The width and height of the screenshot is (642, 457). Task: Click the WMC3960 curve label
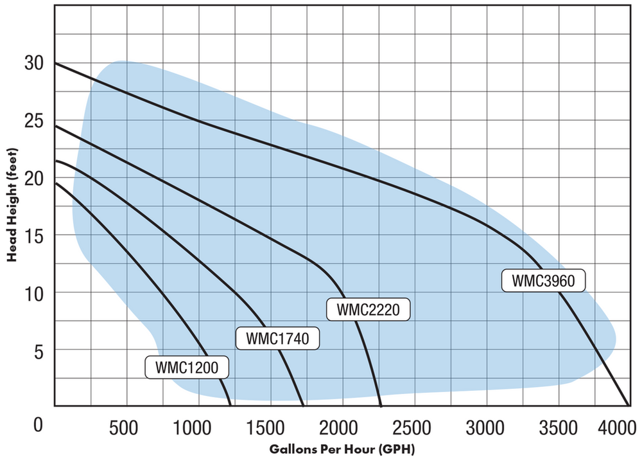tap(544, 280)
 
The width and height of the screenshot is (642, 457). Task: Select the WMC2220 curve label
tap(368, 310)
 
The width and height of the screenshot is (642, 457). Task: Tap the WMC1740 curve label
tap(278, 338)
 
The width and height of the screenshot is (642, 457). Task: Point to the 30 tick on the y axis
tap(34, 64)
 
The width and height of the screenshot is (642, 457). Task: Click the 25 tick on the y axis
tap(34, 121)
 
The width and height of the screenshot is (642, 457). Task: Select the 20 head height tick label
tap(34, 178)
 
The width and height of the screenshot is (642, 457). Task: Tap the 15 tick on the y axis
tap(34, 236)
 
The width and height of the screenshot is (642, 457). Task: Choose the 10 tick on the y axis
tap(34, 293)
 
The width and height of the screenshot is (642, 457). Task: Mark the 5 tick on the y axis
tap(39, 350)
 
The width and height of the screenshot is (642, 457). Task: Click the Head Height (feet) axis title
tap(12, 204)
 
